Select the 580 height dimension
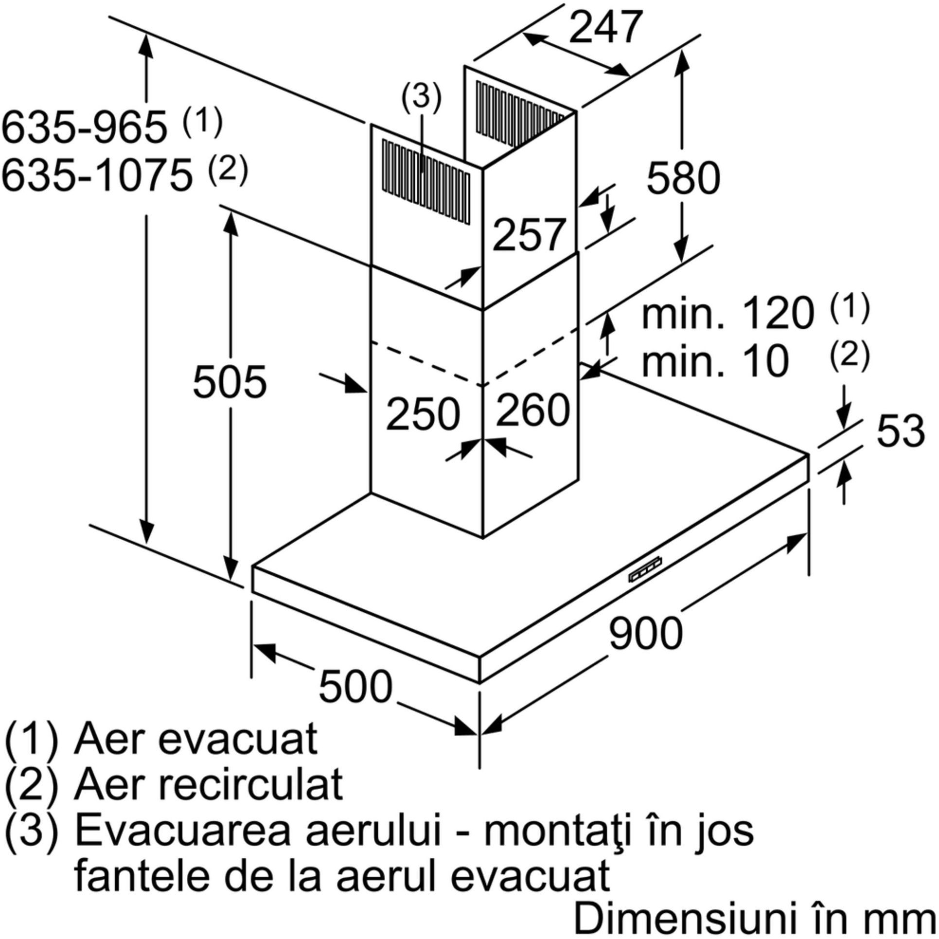[x=683, y=178]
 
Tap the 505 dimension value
[x=230, y=382]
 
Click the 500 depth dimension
[x=355, y=686]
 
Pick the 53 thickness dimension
[x=901, y=430]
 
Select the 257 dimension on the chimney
[x=530, y=235]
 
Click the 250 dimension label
[x=423, y=414]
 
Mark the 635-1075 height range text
[x=97, y=176]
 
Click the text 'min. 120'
[x=727, y=314]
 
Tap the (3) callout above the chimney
[x=421, y=97]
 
